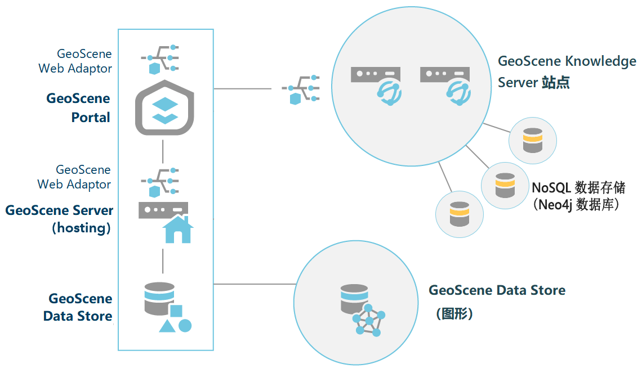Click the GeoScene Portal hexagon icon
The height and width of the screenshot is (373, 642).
163,108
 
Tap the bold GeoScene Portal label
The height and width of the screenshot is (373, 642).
78,108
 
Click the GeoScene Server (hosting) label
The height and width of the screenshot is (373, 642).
59,219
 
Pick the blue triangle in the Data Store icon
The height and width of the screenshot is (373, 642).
167,326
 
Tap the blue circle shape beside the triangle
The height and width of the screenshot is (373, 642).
185,326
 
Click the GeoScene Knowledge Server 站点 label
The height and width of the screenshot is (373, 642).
567,71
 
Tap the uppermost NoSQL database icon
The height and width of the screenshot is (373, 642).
532,141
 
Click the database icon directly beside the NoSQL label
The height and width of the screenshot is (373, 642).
505,186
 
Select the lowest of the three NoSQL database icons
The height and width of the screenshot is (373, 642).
460,214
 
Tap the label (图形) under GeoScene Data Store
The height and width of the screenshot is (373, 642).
454,313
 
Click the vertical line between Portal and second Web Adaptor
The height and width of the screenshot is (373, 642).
163,150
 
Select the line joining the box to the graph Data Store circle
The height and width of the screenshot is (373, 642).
253,284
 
